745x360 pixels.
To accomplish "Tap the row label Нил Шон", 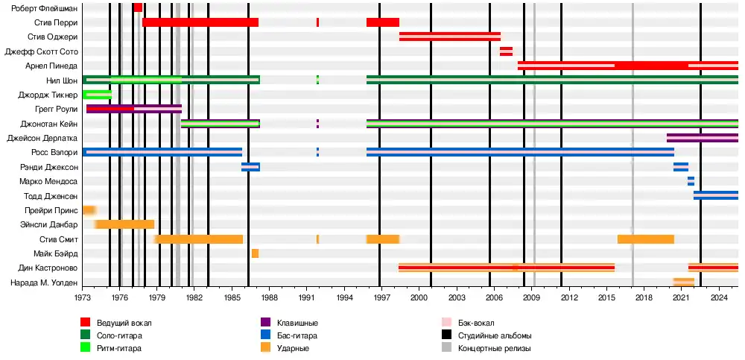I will coord(62,80).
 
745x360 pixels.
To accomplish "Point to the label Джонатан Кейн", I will coord(51,124).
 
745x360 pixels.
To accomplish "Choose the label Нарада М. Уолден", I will coord(44,283).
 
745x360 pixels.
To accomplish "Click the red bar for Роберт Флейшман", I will coord(138,7).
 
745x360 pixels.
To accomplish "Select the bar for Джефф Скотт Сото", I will coord(506,51).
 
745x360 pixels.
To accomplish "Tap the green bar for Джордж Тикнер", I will coord(97,95).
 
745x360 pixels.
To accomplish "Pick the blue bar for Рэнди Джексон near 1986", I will coord(250,167).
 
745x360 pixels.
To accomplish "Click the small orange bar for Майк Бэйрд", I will coord(255,253).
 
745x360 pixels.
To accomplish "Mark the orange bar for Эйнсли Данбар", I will coord(125,224).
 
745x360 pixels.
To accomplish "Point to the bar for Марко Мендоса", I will coord(691,181).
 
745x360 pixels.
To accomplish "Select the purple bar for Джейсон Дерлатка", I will coord(702,138).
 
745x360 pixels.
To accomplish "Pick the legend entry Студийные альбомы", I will coord(494,335).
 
